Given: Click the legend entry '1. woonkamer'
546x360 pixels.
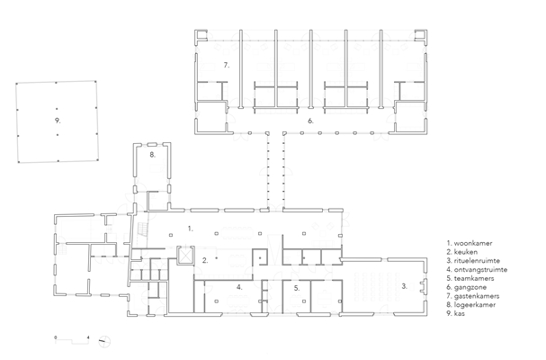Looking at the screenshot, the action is click(x=470, y=243).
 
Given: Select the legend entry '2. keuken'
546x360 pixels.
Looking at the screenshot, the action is click(x=462, y=252).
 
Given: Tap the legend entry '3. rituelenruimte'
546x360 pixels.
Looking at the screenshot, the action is click(x=473, y=261).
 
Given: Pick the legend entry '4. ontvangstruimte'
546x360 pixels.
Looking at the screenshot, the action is click(x=477, y=269).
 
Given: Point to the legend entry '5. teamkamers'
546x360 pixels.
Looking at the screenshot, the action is click(x=470, y=278).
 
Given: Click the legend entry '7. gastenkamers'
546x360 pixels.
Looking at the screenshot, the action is click(x=473, y=296).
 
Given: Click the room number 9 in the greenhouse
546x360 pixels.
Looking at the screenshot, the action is click(x=58, y=121).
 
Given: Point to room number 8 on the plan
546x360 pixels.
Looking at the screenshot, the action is click(x=153, y=155).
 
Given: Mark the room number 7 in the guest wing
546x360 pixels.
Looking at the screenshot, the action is click(x=227, y=65).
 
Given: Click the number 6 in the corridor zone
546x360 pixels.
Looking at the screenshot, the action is click(x=310, y=121).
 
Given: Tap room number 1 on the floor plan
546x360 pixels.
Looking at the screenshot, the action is click(x=190, y=229).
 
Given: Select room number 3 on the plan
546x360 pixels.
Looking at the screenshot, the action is click(x=404, y=286).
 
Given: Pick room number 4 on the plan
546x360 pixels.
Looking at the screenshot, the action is click(x=239, y=287).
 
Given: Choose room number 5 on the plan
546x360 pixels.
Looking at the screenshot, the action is click(x=296, y=288).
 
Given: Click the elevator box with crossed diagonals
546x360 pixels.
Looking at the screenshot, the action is click(x=185, y=255).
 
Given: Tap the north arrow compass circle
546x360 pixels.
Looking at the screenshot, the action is click(x=104, y=341).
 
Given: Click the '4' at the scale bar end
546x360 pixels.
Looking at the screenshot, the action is click(x=88, y=337).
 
